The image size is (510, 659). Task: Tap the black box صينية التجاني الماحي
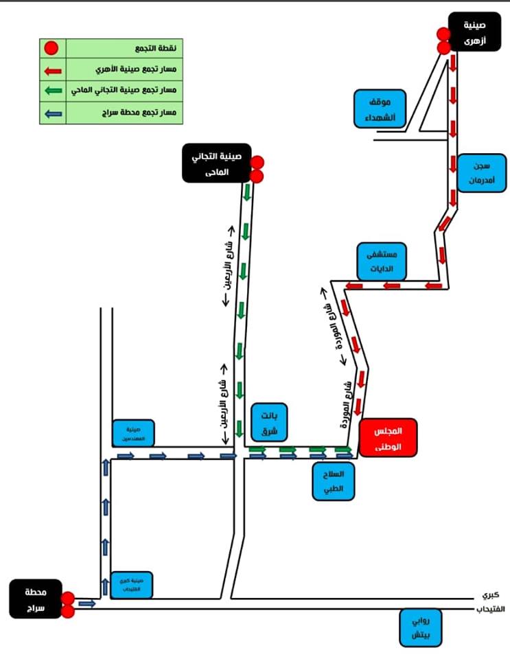click(x=216, y=163)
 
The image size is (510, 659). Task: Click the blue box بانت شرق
click(x=268, y=422)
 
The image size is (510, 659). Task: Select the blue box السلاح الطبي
click(x=333, y=483)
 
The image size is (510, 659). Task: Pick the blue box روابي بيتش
click(x=421, y=628)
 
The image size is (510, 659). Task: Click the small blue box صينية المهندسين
click(x=133, y=433)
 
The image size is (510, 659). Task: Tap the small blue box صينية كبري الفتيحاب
click(x=132, y=585)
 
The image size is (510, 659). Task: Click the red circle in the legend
click(x=52, y=49)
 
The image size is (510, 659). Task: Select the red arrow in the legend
click(x=52, y=70)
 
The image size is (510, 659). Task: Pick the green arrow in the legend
click(x=52, y=91)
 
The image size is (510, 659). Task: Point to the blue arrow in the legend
click(x=52, y=112)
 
